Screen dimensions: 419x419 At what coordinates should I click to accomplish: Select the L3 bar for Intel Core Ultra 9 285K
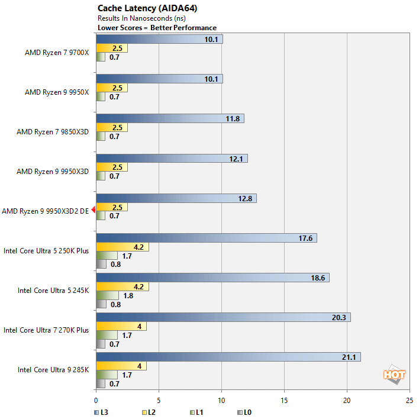228,357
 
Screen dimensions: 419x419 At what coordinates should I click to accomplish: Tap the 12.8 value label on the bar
246,198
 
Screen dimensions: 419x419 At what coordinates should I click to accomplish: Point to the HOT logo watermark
394,374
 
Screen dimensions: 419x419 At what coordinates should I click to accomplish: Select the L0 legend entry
244,411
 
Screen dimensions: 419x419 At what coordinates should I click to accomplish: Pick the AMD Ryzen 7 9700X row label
56,52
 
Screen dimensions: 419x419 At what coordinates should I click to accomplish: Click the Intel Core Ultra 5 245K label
53,290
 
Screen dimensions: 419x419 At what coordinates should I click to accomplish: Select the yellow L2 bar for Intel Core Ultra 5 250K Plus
122,247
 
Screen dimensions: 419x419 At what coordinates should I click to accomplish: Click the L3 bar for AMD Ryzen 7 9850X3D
169,118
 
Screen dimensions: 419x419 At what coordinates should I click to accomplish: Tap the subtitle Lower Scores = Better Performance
157,28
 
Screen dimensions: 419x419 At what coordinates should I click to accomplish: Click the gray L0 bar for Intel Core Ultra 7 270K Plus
100,344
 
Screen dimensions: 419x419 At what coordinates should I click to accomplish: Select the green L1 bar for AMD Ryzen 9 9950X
100,97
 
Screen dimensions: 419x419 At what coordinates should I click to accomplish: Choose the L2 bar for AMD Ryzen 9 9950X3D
111,167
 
